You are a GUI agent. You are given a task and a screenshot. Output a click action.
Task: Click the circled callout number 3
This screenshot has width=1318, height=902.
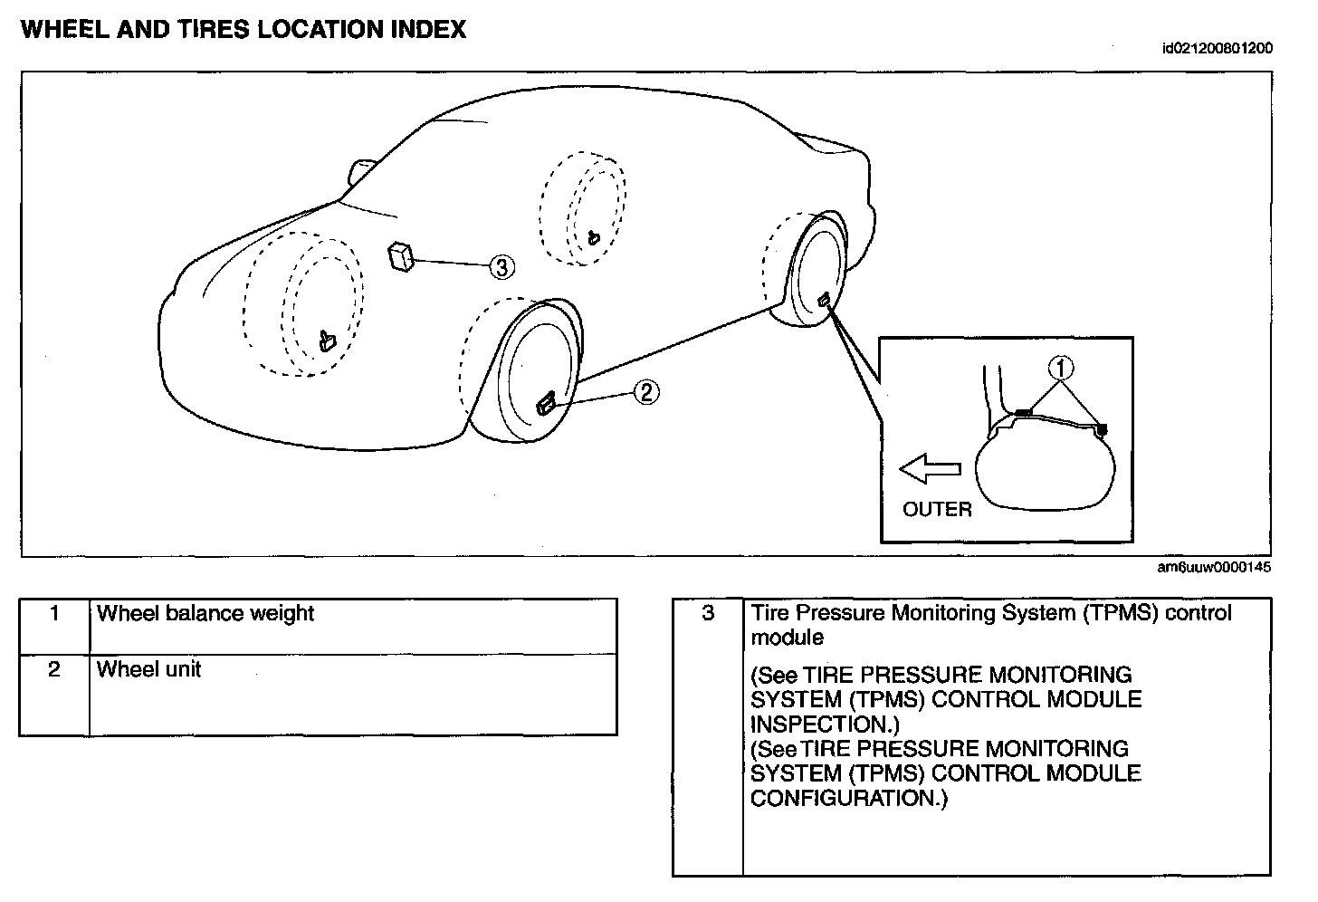click(501, 266)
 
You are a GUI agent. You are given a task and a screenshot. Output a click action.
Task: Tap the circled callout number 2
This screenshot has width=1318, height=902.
click(645, 392)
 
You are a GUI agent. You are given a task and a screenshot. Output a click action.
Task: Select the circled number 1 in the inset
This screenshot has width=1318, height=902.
click(1061, 368)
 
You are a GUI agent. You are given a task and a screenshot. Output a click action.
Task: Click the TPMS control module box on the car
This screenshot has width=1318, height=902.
click(401, 256)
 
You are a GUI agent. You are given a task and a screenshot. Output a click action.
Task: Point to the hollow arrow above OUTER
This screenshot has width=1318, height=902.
click(930, 469)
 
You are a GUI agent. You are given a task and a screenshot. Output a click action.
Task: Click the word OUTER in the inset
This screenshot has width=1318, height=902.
click(937, 510)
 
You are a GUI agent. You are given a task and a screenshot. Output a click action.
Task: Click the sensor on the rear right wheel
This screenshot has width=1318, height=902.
click(824, 300)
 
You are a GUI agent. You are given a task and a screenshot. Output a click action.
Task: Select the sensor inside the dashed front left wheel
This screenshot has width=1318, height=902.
click(327, 341)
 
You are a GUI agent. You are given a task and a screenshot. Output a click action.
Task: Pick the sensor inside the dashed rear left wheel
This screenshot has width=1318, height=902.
click(592, 238)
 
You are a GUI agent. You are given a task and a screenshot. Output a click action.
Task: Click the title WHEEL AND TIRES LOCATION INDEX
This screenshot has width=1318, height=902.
click(243, 30)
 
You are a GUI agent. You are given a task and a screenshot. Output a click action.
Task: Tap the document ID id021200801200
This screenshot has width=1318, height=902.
click(1217, 49)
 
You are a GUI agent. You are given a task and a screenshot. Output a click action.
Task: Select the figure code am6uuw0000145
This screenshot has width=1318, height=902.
click(1214, 568)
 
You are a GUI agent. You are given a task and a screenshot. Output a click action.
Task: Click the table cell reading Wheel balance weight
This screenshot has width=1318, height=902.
click(205, 613)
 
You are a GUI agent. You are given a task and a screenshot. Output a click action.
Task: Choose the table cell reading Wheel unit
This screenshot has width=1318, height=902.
click(148, 669)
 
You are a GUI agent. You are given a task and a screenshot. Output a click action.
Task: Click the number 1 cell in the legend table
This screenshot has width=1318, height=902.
click(54, 615)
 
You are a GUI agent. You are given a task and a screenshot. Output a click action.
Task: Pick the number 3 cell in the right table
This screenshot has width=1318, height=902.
click(708, 614)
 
